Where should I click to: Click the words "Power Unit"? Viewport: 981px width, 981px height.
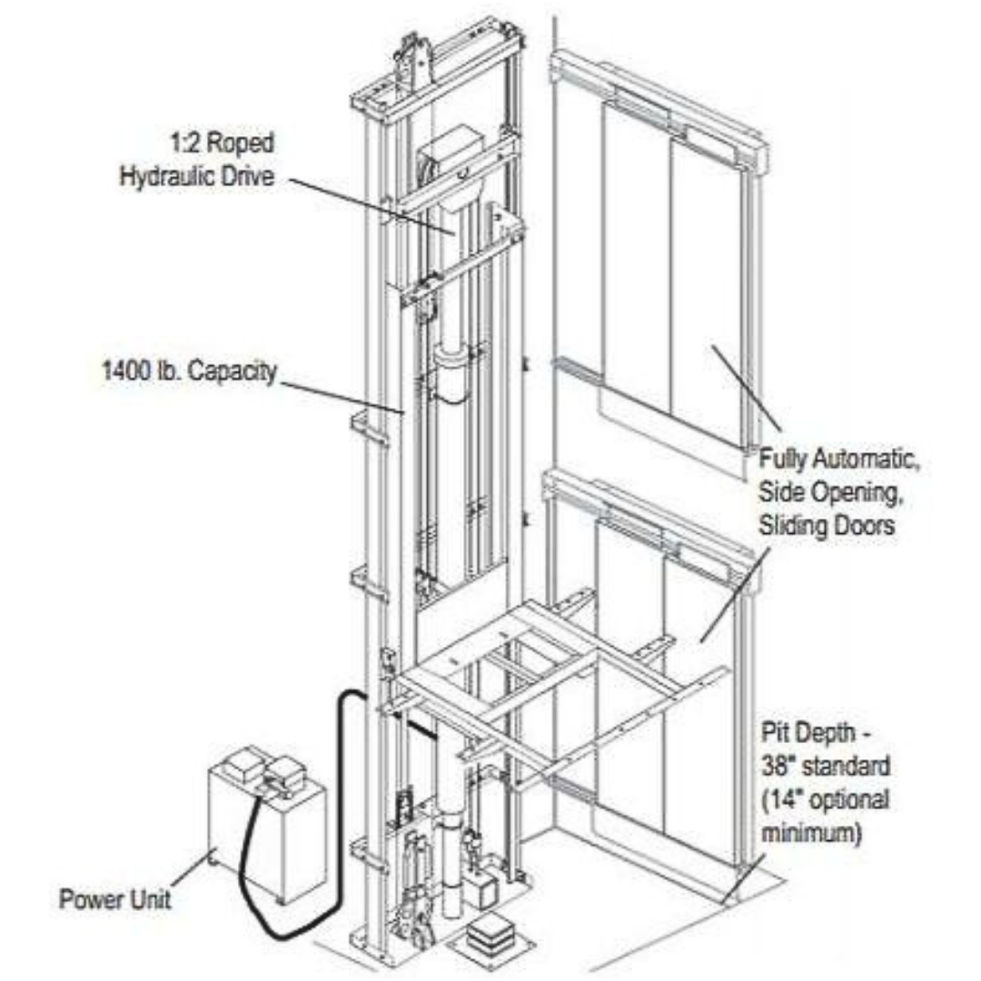click(115, 899)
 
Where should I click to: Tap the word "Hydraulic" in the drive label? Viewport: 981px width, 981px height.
click(161, 175)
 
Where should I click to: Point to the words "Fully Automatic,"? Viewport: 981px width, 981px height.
click(840, 460)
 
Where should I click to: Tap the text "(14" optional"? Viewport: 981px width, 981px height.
click(824, 800)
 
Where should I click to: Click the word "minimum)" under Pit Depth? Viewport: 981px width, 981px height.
click(811, 833)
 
